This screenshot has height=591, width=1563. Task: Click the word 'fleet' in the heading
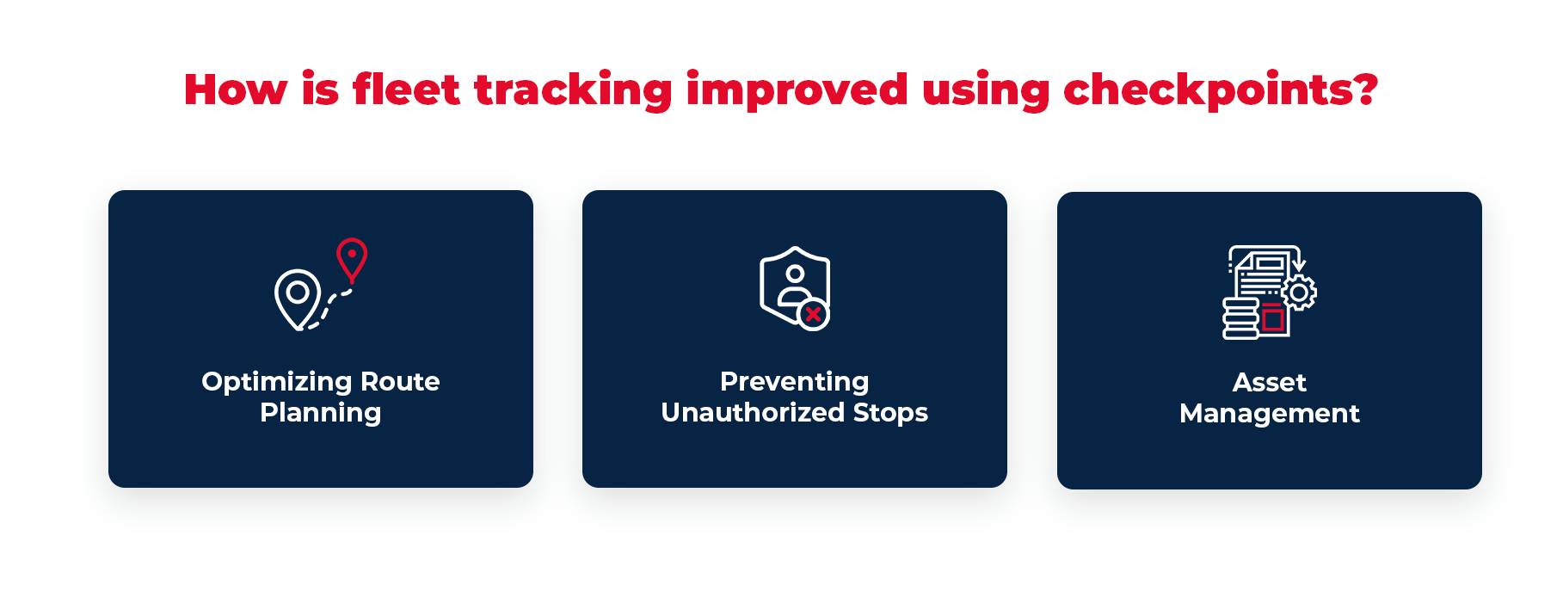click(406, 89)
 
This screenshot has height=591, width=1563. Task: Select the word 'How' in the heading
click(235, 89)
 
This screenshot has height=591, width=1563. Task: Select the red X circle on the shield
click(813, 314)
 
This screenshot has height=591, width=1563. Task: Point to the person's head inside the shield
click(795, 274)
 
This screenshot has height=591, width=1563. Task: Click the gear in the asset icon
click(1298, 292)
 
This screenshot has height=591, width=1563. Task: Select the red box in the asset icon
click(1272, 317)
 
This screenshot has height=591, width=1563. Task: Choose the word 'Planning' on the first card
click(320, 413)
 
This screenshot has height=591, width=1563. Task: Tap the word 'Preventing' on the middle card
click(794, 381)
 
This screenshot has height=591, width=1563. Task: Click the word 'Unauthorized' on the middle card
click(753, 413)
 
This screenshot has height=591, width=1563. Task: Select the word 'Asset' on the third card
click(1269, 382)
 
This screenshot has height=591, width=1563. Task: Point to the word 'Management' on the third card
click(1269, 414)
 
